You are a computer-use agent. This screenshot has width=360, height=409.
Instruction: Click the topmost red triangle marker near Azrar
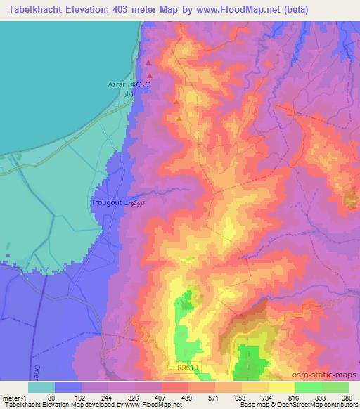(x=148, y=63)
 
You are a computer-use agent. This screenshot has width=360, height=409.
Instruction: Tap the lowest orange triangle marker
(x=181, y=118)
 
